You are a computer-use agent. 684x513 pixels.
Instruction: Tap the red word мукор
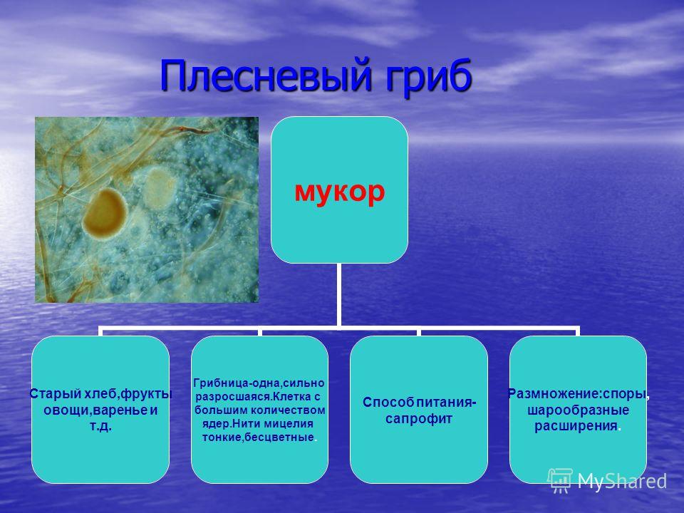click(x=340, y=191)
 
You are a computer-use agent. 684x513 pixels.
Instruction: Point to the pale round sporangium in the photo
click(x=160, y=187)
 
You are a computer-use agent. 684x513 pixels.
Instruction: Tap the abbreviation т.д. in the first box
click(x=100, y=425)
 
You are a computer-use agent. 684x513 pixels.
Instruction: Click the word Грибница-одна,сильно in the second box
click(x=259, y=383)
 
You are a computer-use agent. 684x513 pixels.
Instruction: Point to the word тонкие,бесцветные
click(x=258, y=437)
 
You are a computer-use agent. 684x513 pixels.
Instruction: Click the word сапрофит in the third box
click(x=419, y=419)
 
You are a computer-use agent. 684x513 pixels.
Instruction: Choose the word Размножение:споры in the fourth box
click(x=576, y=394)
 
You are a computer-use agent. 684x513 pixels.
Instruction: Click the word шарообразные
click(x=578, y=410)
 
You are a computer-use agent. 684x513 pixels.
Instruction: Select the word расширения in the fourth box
click(x=576, y=426)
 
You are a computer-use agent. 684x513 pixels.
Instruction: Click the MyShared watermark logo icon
click(x=560, y=480)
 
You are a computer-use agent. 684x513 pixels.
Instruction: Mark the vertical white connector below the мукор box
click(x=338, y=295)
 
